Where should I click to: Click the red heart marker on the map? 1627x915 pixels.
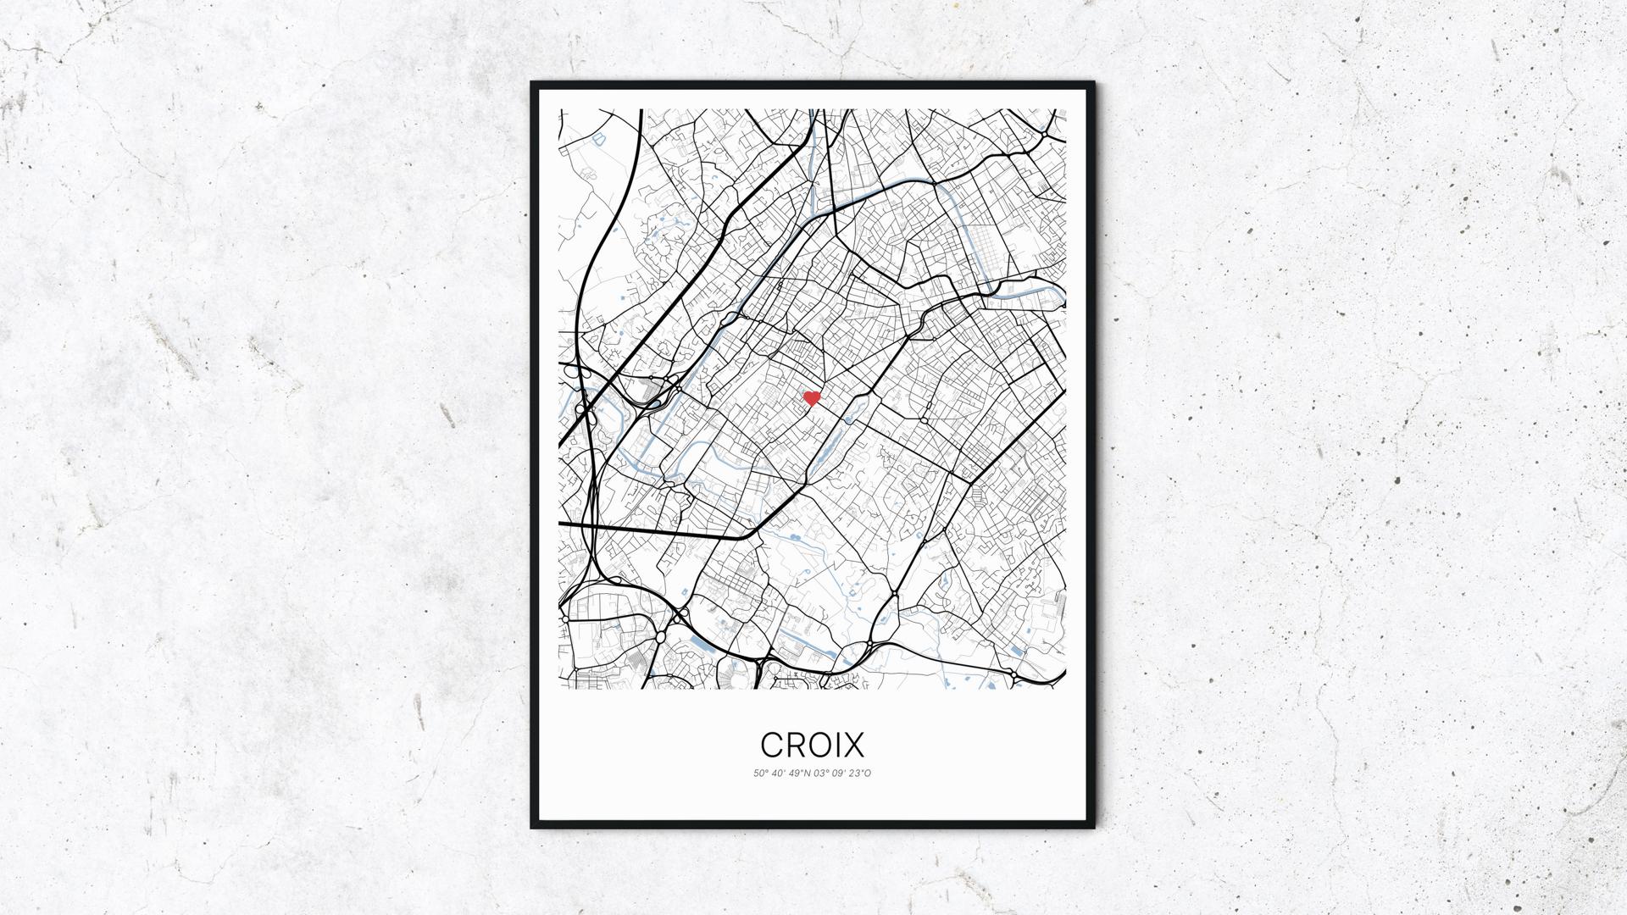pos(812,398)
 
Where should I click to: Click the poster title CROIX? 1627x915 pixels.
pos(812,745)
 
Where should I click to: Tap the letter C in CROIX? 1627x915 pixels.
pos(773,745)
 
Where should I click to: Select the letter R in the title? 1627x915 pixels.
pos(795,745)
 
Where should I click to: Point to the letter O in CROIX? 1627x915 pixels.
pos(817,745)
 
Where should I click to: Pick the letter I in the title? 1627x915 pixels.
pos(836,745)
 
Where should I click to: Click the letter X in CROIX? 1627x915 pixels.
pos(853,745)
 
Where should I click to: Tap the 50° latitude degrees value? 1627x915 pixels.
pos(759,774)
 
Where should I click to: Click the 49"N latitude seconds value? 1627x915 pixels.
pos(798,774)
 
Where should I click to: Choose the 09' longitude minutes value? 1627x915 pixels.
pos(838,774)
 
